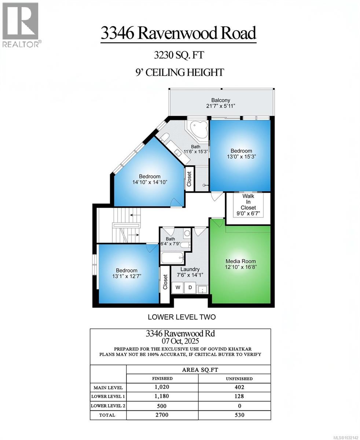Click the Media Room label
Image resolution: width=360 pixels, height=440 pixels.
pyautogui.click(x=240, y=264)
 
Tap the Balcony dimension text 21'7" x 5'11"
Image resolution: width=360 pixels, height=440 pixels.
pyautogui.click(x=220, y=106)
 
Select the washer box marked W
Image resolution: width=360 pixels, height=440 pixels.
pyautogui.click(x=178, y=287)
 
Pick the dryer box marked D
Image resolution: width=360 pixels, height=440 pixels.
pyautogui.click(x=190, y=287)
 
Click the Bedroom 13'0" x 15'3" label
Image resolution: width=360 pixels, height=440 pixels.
pyautogui.click(x=241, y=153)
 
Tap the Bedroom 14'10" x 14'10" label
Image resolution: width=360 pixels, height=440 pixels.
pyautogui.click(x=150, y=179)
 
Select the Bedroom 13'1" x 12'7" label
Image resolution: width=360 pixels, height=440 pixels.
pyautogui.click(x=126, y=273)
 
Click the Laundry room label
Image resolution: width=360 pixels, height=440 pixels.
pyautogui.click(x=190, y=272)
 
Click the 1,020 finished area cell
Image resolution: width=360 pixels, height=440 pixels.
pyautogui.click(x=162, y=387)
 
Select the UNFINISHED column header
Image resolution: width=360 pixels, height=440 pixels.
pyautogui.click(x=238, y=378)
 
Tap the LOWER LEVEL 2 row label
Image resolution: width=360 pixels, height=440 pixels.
pyautogui.click(x=108, y=406)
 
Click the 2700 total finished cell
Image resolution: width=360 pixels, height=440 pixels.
pyautogui.click(x=162, y=415)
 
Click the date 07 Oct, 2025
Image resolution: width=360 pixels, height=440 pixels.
pyautogui.click(x=180, y=341)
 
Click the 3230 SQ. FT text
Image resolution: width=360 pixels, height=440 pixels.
pyautogui.click(x=179, y=55)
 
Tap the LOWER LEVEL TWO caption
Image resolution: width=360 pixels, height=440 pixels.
pyautogui.click(x=181, y=317)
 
